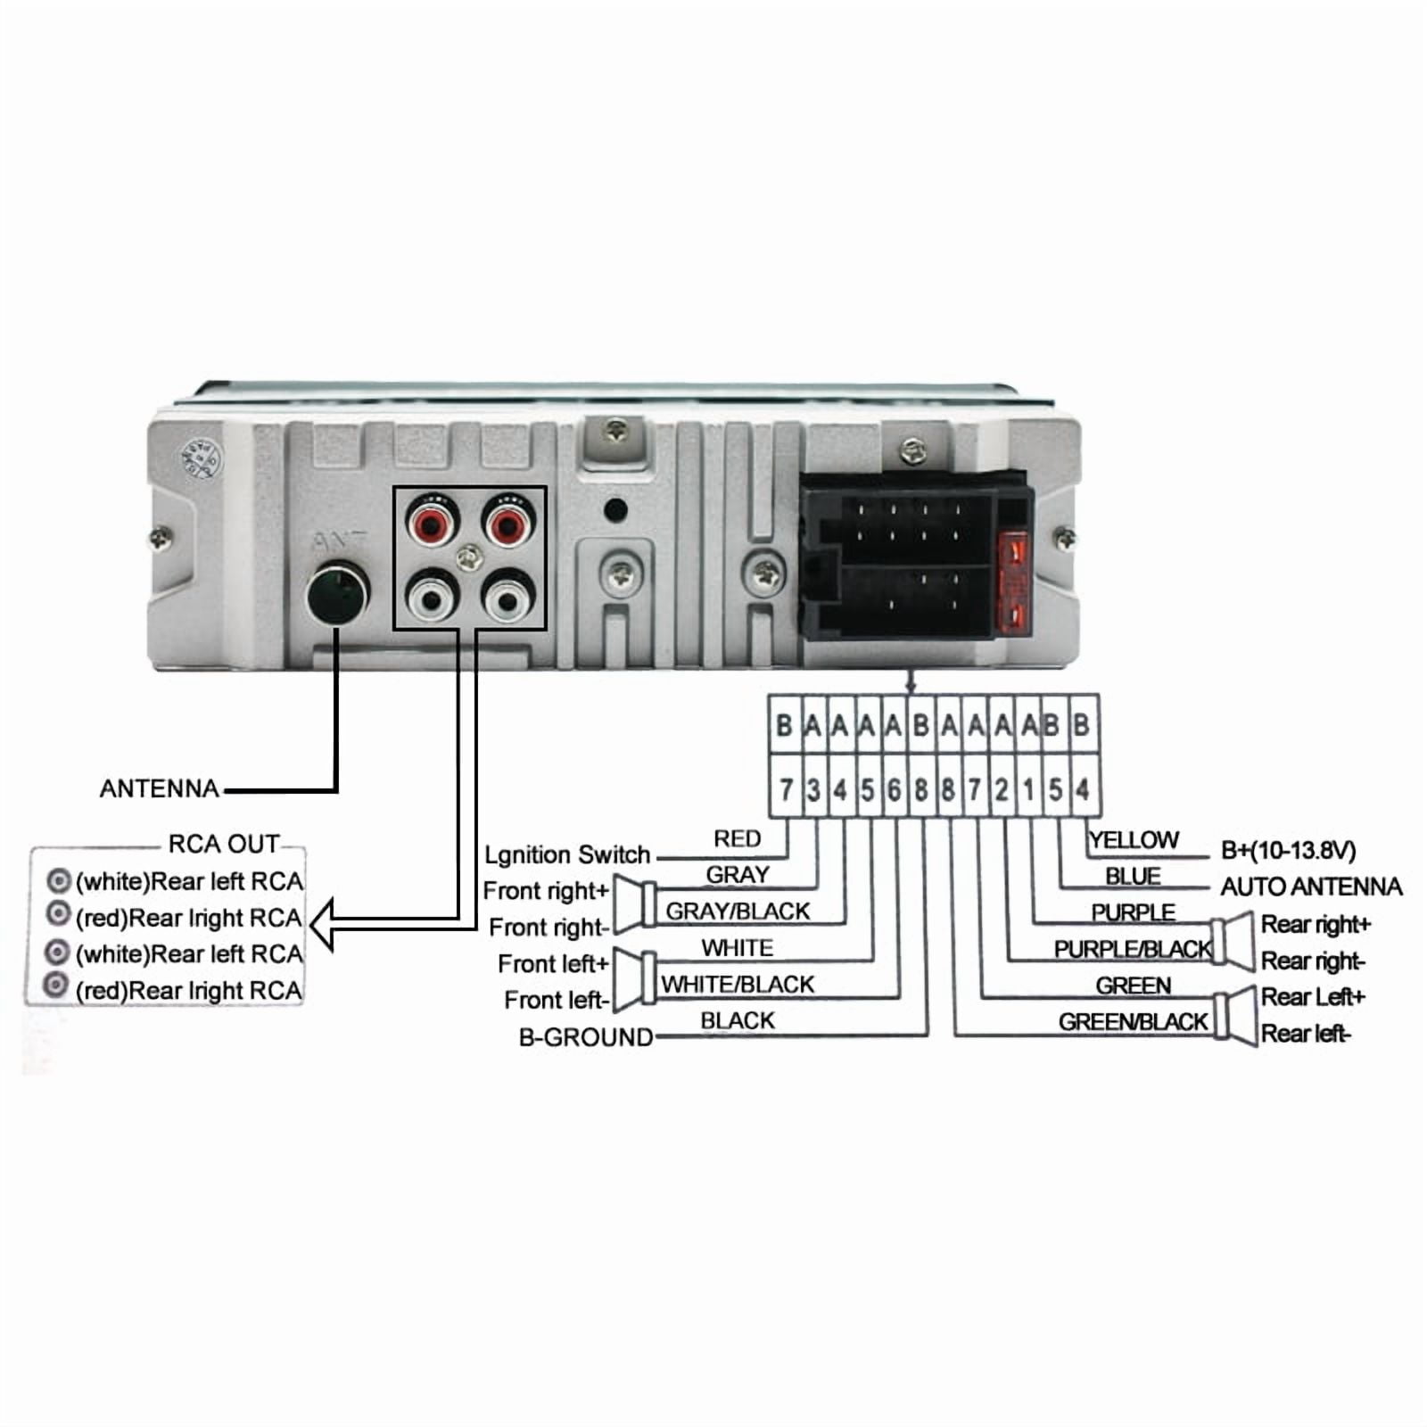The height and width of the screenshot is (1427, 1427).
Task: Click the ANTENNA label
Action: (x=159, y=788)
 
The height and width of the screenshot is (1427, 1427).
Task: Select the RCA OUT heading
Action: (x=223, y=844)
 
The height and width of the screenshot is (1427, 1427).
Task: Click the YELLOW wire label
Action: (x=1134, y=840)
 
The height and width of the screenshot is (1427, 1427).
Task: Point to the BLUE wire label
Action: (x=1133, y=877)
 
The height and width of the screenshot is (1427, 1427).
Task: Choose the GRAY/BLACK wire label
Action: (x=738, y=911)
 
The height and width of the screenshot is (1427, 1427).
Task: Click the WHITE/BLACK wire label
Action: (x=738, y=985)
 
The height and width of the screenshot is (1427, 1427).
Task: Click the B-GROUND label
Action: (x=586, y=1037)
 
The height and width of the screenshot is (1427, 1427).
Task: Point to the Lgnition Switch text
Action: (x=567, y=854)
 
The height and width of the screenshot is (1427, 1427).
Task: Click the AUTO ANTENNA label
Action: (x=1311, y=887)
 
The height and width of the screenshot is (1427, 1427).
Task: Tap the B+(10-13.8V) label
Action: (x=1288, y=850)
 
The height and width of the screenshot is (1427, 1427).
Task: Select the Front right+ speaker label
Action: (x=545, y=891)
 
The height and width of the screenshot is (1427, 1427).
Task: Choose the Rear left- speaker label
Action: (x=1305, y=1034)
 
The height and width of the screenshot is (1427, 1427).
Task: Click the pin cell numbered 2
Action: (x=1002, y=789)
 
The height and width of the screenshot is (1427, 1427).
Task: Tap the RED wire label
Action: (x=737, y=839)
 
